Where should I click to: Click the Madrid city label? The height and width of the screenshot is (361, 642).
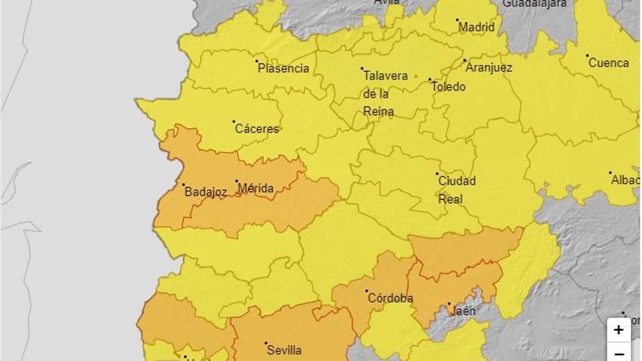tap(476, 28)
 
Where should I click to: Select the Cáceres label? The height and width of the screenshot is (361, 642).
tap(257, 129)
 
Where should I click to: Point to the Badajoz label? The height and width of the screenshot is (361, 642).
tap(206, 193)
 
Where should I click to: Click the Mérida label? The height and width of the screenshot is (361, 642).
tap(255, 189)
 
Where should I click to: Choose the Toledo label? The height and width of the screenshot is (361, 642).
tap(449, 87)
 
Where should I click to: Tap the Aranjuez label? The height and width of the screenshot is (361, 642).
tap(490, 68)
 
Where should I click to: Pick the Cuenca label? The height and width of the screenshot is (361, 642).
tap(608, 63)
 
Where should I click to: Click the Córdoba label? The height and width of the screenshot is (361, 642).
tap(390, 298)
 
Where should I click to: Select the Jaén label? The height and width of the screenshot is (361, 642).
tap(463, 311)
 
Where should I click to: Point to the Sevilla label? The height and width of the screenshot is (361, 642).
tap(283, 351)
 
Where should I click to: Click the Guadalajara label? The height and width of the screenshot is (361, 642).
tap(535, 4)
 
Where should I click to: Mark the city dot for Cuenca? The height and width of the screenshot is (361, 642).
tap(587, 55)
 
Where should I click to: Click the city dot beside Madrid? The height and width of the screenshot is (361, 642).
tap(457, 20)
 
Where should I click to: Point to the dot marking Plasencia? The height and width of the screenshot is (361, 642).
tap(257, 61)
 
